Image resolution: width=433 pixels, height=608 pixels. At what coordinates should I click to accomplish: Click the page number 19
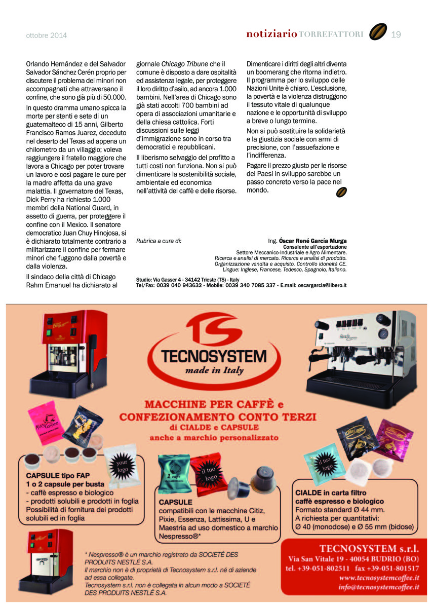[x=396, y=34]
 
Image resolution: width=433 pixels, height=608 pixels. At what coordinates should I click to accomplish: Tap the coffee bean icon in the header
[x=378, y=32]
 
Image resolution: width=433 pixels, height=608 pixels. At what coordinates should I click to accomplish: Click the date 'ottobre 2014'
[x=47, y=35]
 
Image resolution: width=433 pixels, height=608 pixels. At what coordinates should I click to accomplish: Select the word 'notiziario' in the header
[x=271, y=34]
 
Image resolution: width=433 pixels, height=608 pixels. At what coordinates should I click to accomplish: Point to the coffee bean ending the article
[x=341, y=192]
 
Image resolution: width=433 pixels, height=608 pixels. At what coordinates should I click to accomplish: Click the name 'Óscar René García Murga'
[x=313, y=241]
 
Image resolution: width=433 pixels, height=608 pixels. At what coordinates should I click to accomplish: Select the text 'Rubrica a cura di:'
[x=159, y=241]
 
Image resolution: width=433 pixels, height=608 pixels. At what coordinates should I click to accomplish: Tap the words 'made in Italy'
[x=214, y=370]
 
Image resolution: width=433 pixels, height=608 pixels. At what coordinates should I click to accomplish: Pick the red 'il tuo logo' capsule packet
[x=209, y=474]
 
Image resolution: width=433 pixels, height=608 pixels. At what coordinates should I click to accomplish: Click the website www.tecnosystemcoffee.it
[x=379, y=578]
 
